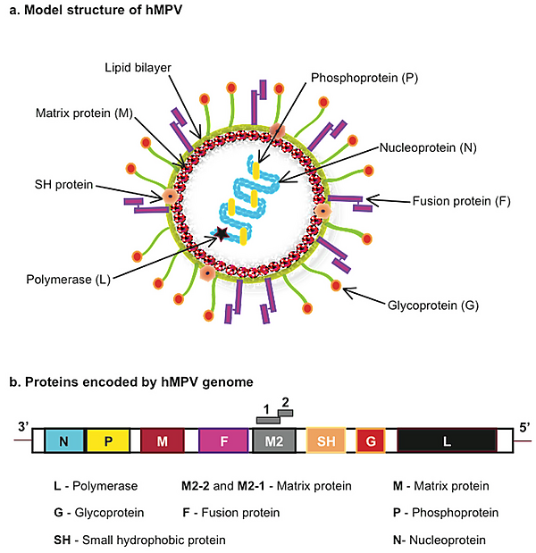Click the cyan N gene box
click(64, 440)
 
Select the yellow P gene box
click(109, 440)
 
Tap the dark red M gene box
click(162, 440)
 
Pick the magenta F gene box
click(223, 440)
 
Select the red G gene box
click(370, 440)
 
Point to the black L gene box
click(447, 440)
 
